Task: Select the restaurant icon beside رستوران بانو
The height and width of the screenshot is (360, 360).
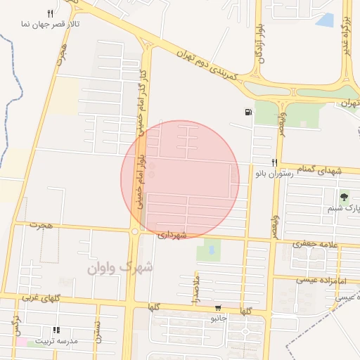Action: coord(274,162)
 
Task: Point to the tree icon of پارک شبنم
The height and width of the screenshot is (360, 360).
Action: coord(344,195)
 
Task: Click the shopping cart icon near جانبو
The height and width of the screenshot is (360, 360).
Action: coord(218,308)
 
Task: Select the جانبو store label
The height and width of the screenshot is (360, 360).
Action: coord(217,319)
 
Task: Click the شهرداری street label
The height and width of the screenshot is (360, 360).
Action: coord(172,234)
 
